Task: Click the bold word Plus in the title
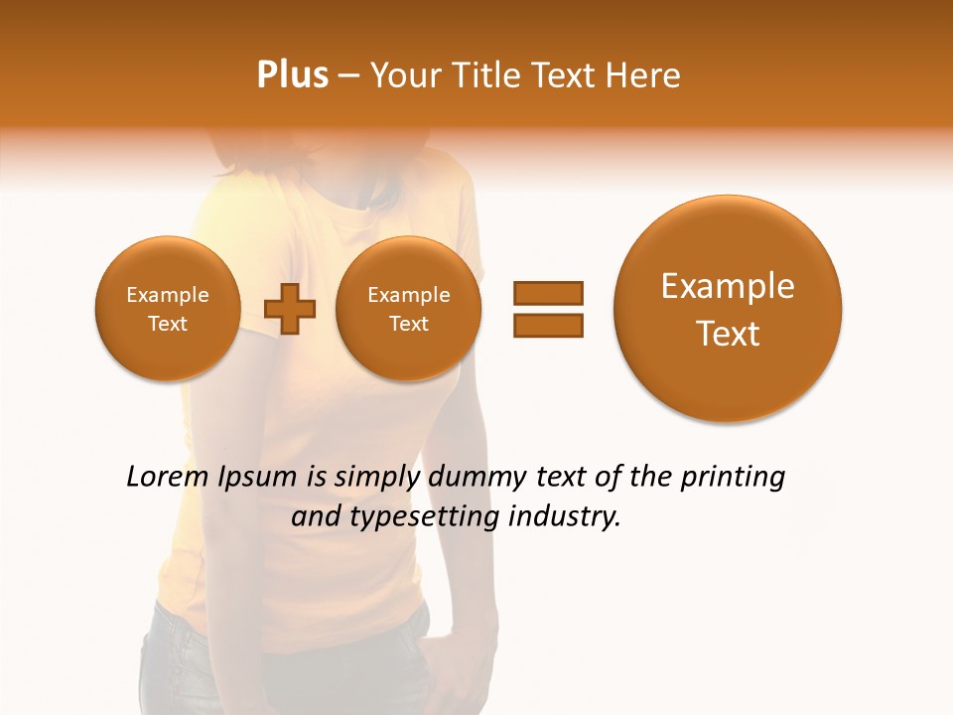pyautogui.click(x=293, y=75)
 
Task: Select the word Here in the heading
pyautogui.click(x=644, y=75)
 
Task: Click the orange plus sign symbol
pyautogui.click(x=290, y=309)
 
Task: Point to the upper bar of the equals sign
pyautogui.click(x=547, y=293)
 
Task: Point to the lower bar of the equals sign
pyautogui.click(x=547, y=325)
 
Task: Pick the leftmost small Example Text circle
pyautogui.click(x=167, y=309)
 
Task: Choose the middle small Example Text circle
pyautogui.click(x=408, y=309)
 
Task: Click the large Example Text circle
pyautogui.click(x=728, y=309)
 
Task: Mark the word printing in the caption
pyautogui.click(x=732, y=478)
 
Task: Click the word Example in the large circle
pyautogui.click(x=728, y=286)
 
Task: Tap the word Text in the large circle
pyautogui.click(x=728, y=334)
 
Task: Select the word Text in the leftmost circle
pyautogui.click(x=167, y=324)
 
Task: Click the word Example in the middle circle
pyautogui.click(x=408, y=295)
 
